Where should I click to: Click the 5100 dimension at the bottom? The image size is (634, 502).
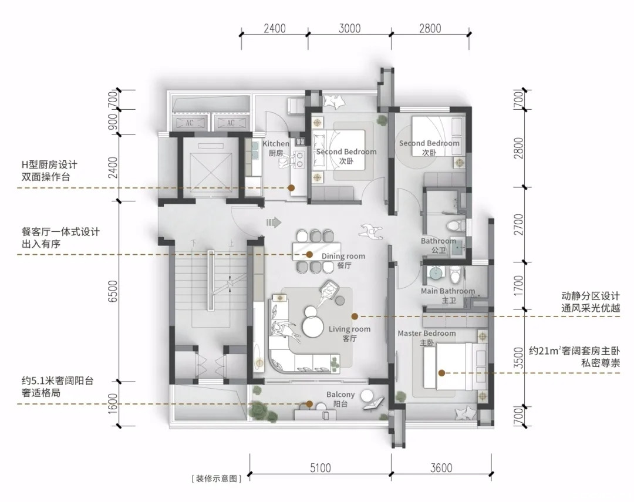(321, 468)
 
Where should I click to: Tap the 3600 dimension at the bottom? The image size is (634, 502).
(441, 468)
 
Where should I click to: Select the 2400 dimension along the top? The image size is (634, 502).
(275, 28)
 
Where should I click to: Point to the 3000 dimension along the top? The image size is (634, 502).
(350, 28)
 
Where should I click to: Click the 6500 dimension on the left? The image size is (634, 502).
(114, 291)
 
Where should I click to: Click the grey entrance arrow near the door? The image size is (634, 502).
(274, 222)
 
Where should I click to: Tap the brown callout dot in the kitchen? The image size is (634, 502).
(291, 188)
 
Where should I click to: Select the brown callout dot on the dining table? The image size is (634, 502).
(309, 254)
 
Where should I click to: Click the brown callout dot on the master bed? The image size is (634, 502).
(442, 373)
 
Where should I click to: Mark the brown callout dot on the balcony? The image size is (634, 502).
(309, 404)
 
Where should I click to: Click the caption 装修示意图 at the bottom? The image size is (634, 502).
(217, 479)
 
